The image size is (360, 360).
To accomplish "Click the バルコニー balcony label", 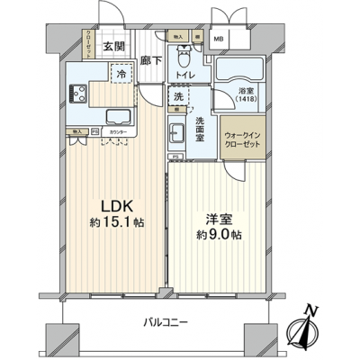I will (169, 322).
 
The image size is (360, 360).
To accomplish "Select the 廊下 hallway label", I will (151, 60).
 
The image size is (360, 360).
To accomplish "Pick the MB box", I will (218, 39).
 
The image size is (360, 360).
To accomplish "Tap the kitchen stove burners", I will (76, 93).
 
